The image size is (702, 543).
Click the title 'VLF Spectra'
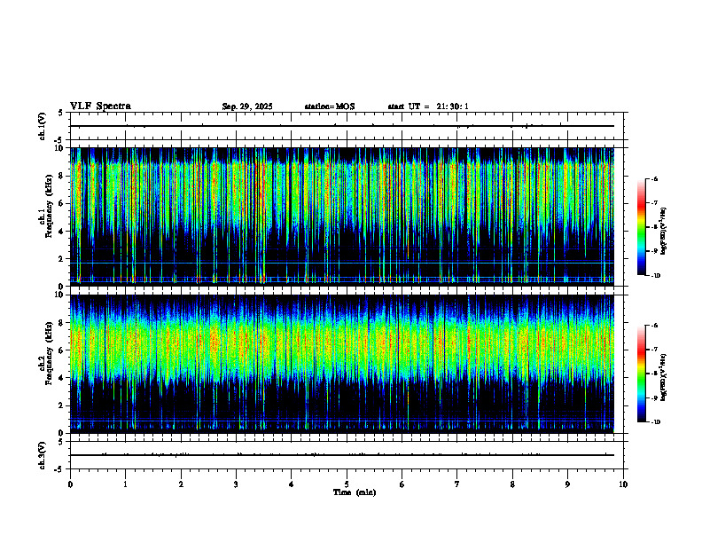tap(100, 106)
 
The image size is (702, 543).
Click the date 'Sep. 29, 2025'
tap(247, 106)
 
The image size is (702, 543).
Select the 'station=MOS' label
tap(329, 106)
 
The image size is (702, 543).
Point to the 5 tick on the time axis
tap(347, 484)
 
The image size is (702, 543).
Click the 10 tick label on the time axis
tap(623, 484)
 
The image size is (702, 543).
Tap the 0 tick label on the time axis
tap(70, 484)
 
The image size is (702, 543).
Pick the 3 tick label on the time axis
tap(236, 484)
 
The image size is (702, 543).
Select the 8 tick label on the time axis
tap(512, 484)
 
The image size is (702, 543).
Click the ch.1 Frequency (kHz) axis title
tap(43, 216)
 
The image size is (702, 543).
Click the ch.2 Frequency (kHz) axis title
tap(43, 363)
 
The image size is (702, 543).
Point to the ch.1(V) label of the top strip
tap(43, 127)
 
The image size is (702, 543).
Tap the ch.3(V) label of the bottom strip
tap(43, 454)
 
